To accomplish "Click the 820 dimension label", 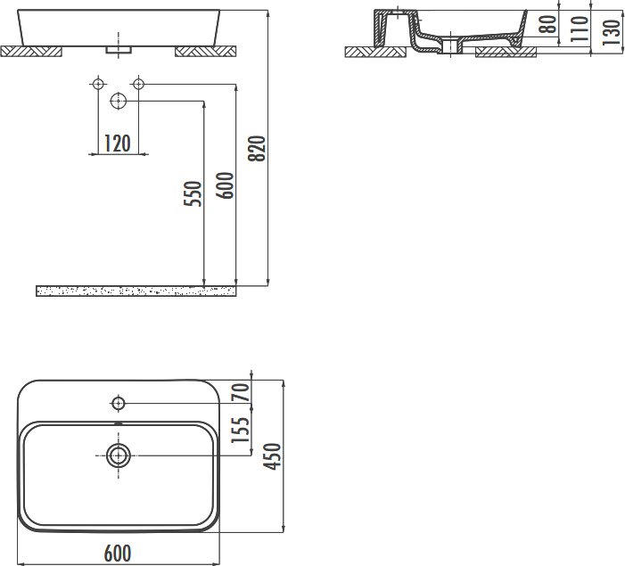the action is [x=257, y=149].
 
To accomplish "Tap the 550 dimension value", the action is [x=193, y=193].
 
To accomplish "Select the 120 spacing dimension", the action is [x=117, y=144].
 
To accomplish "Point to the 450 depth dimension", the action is [x=273, y=456].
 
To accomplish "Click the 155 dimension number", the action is [x=241, y=430].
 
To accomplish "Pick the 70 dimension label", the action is [x=241, y=392].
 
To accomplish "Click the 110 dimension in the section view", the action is [x=580, y=29].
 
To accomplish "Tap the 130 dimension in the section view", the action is [x=612, y=32].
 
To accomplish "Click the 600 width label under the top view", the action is [x=118, y=554].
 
